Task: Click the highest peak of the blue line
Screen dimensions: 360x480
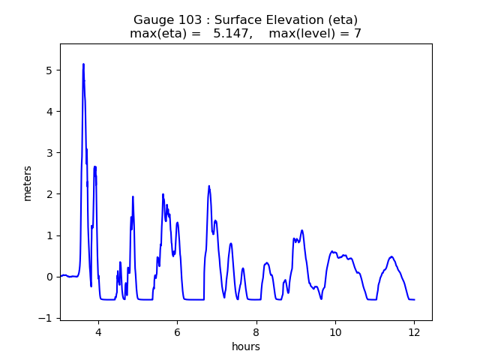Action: [x=83, y=64]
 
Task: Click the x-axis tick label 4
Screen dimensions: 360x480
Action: [x=97, y=333]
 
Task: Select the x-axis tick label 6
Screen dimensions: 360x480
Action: [x=177, y=333]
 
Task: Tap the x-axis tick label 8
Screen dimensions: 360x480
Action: [x=256, y=333]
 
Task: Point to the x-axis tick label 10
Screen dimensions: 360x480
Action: [x=335, y=333]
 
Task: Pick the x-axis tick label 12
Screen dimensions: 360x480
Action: [x=414, y=333]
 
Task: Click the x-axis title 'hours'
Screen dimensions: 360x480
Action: [x=246, y=347]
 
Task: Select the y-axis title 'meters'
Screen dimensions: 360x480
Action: [x=28, y=183]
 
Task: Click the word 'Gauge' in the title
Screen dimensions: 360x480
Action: [x=151, y=19]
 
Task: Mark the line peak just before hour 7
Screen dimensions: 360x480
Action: [x=209, y=186]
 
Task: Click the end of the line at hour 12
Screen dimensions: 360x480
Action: [x=414, y=300]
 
